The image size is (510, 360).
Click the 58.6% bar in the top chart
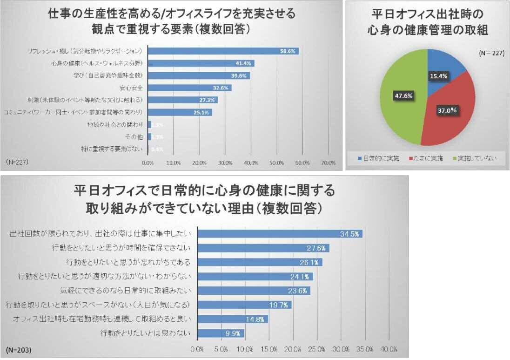pos(223,51)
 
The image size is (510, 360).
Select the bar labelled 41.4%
pos(201,63)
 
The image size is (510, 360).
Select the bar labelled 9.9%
pos(221,333)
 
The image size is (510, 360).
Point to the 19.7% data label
pos(282,305)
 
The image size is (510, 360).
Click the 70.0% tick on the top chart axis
pos(329,163)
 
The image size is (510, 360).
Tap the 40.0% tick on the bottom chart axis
pos(389,348)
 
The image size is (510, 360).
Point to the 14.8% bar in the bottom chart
pos(233,319)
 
